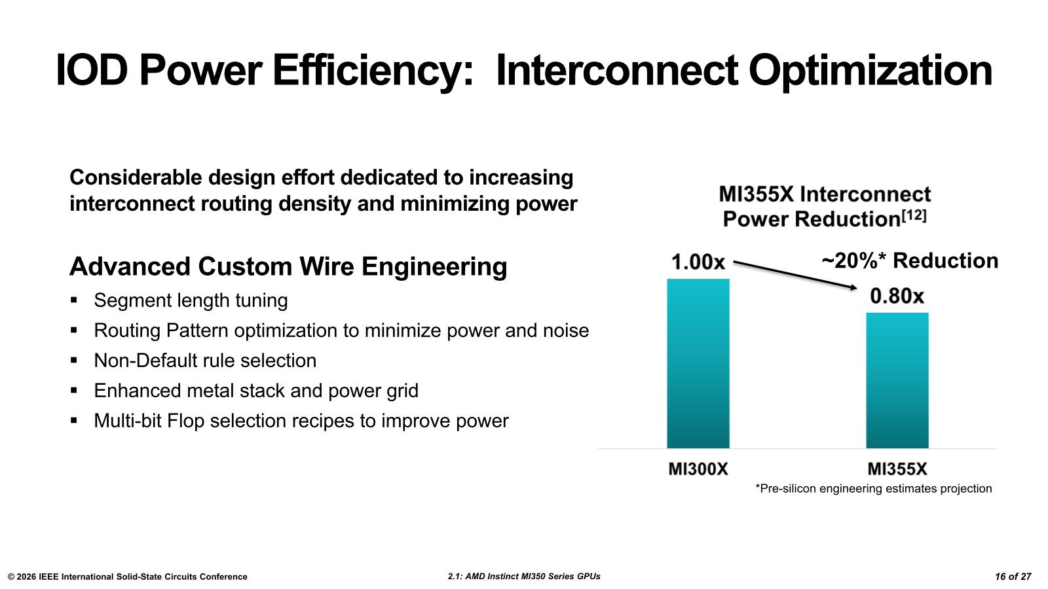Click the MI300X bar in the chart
pos(698,363)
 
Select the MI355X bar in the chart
pos(897,380)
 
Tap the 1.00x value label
pos(698,262)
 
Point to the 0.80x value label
pos(897,296)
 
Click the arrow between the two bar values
pos(795,275)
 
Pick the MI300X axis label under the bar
pos(698,469)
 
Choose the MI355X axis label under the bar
pos(897,469)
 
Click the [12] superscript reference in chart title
pos(914,215)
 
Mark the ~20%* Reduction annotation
pos(910,261)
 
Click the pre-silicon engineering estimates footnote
pos(874,488)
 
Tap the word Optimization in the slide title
pos(870,71)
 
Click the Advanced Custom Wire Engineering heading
pos(288,266)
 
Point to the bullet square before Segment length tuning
pos(73,300)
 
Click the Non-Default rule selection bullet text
pos(205,361)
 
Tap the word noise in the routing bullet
pos(566,330)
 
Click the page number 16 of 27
pos(1013,577)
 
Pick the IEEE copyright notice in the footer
pos(127,577)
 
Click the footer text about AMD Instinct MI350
pos(524,577)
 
